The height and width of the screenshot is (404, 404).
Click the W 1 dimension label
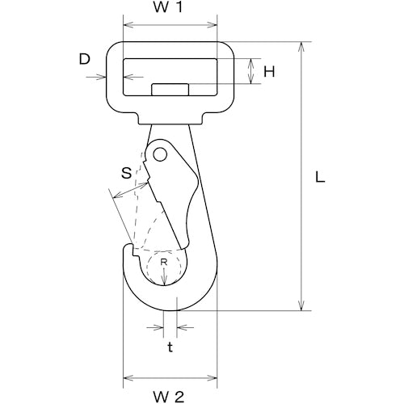click(168, 7)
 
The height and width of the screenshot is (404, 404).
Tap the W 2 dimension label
click(169, 397)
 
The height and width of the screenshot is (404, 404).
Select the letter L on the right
click(320, 178)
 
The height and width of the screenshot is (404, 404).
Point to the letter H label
click(269, 72)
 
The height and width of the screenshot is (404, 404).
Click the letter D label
click(84, 59)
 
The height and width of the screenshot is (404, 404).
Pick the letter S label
click(126, 173)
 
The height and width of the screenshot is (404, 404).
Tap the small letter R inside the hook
click(164, 262)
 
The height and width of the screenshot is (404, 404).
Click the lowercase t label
click(170, 347)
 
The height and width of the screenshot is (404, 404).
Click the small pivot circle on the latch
click(160, 154)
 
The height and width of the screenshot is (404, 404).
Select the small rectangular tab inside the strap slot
click(170, 90)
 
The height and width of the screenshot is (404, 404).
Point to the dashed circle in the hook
click(164, 267)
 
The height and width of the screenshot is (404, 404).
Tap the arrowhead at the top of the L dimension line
click(301, 46)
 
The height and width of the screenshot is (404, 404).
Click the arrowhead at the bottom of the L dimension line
click(301, 305)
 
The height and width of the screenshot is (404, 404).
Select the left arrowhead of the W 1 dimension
click(128, 25)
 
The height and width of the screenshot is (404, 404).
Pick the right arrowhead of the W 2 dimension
click(212, 378)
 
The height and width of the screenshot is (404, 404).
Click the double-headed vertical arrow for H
click(251, 71)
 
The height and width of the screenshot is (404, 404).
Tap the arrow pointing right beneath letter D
click(96, 78)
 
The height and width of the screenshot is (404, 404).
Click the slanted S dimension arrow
click(131, 190)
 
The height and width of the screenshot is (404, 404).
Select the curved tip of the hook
click(128, 246)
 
